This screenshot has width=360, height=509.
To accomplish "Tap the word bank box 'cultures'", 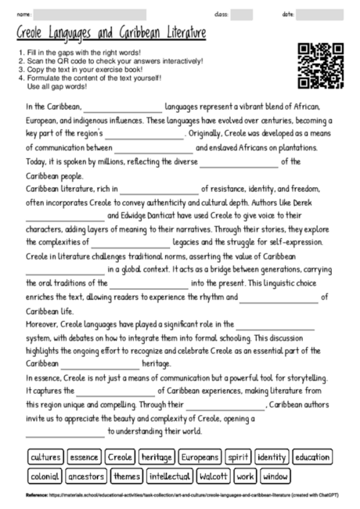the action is pos(45,457).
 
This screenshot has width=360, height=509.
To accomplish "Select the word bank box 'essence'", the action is pos(85,457).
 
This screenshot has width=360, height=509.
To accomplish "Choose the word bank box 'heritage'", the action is pos(157,457).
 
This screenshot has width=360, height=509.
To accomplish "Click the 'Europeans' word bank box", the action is pos(200,457).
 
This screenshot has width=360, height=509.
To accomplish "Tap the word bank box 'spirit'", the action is pos(238,457).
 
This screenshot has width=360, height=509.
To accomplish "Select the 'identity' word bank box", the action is pos(271,457).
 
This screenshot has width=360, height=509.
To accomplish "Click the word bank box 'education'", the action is pos(312,457).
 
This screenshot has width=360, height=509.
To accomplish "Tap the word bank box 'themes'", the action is pos(127,475).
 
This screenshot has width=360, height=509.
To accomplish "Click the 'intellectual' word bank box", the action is pos(170,475).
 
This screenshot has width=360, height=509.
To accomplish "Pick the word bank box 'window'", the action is pos(275,475).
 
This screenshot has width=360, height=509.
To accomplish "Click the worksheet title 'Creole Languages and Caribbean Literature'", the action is pos(110,34).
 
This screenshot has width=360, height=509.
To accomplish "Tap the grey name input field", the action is pos(90,14).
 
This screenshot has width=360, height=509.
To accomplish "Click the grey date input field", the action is pos(320,14).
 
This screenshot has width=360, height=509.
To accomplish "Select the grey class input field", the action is pos(242,14).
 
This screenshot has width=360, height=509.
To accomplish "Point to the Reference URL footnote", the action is pos(180,496).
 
